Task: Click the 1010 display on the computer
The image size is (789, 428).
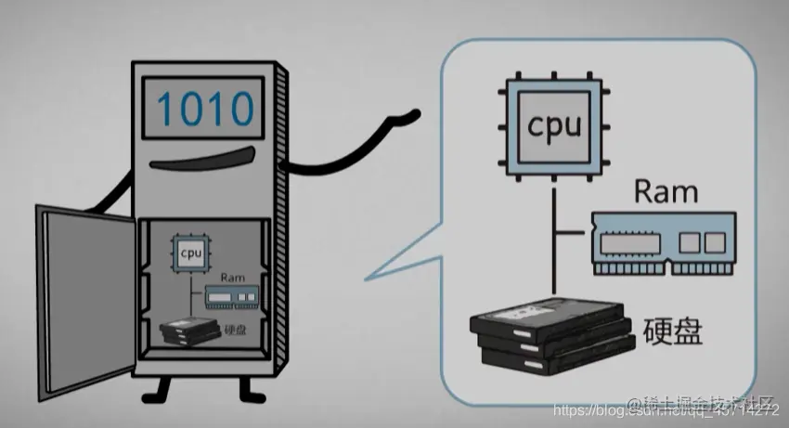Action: click(204, 110)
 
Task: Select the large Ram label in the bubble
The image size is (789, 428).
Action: click(665, 192)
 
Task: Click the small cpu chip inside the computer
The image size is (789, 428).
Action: click(191, 252)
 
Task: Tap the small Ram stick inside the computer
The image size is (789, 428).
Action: click(230, 296)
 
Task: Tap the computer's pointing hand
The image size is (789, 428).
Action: click(407, 119)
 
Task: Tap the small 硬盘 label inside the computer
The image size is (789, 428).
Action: click(236, 330)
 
